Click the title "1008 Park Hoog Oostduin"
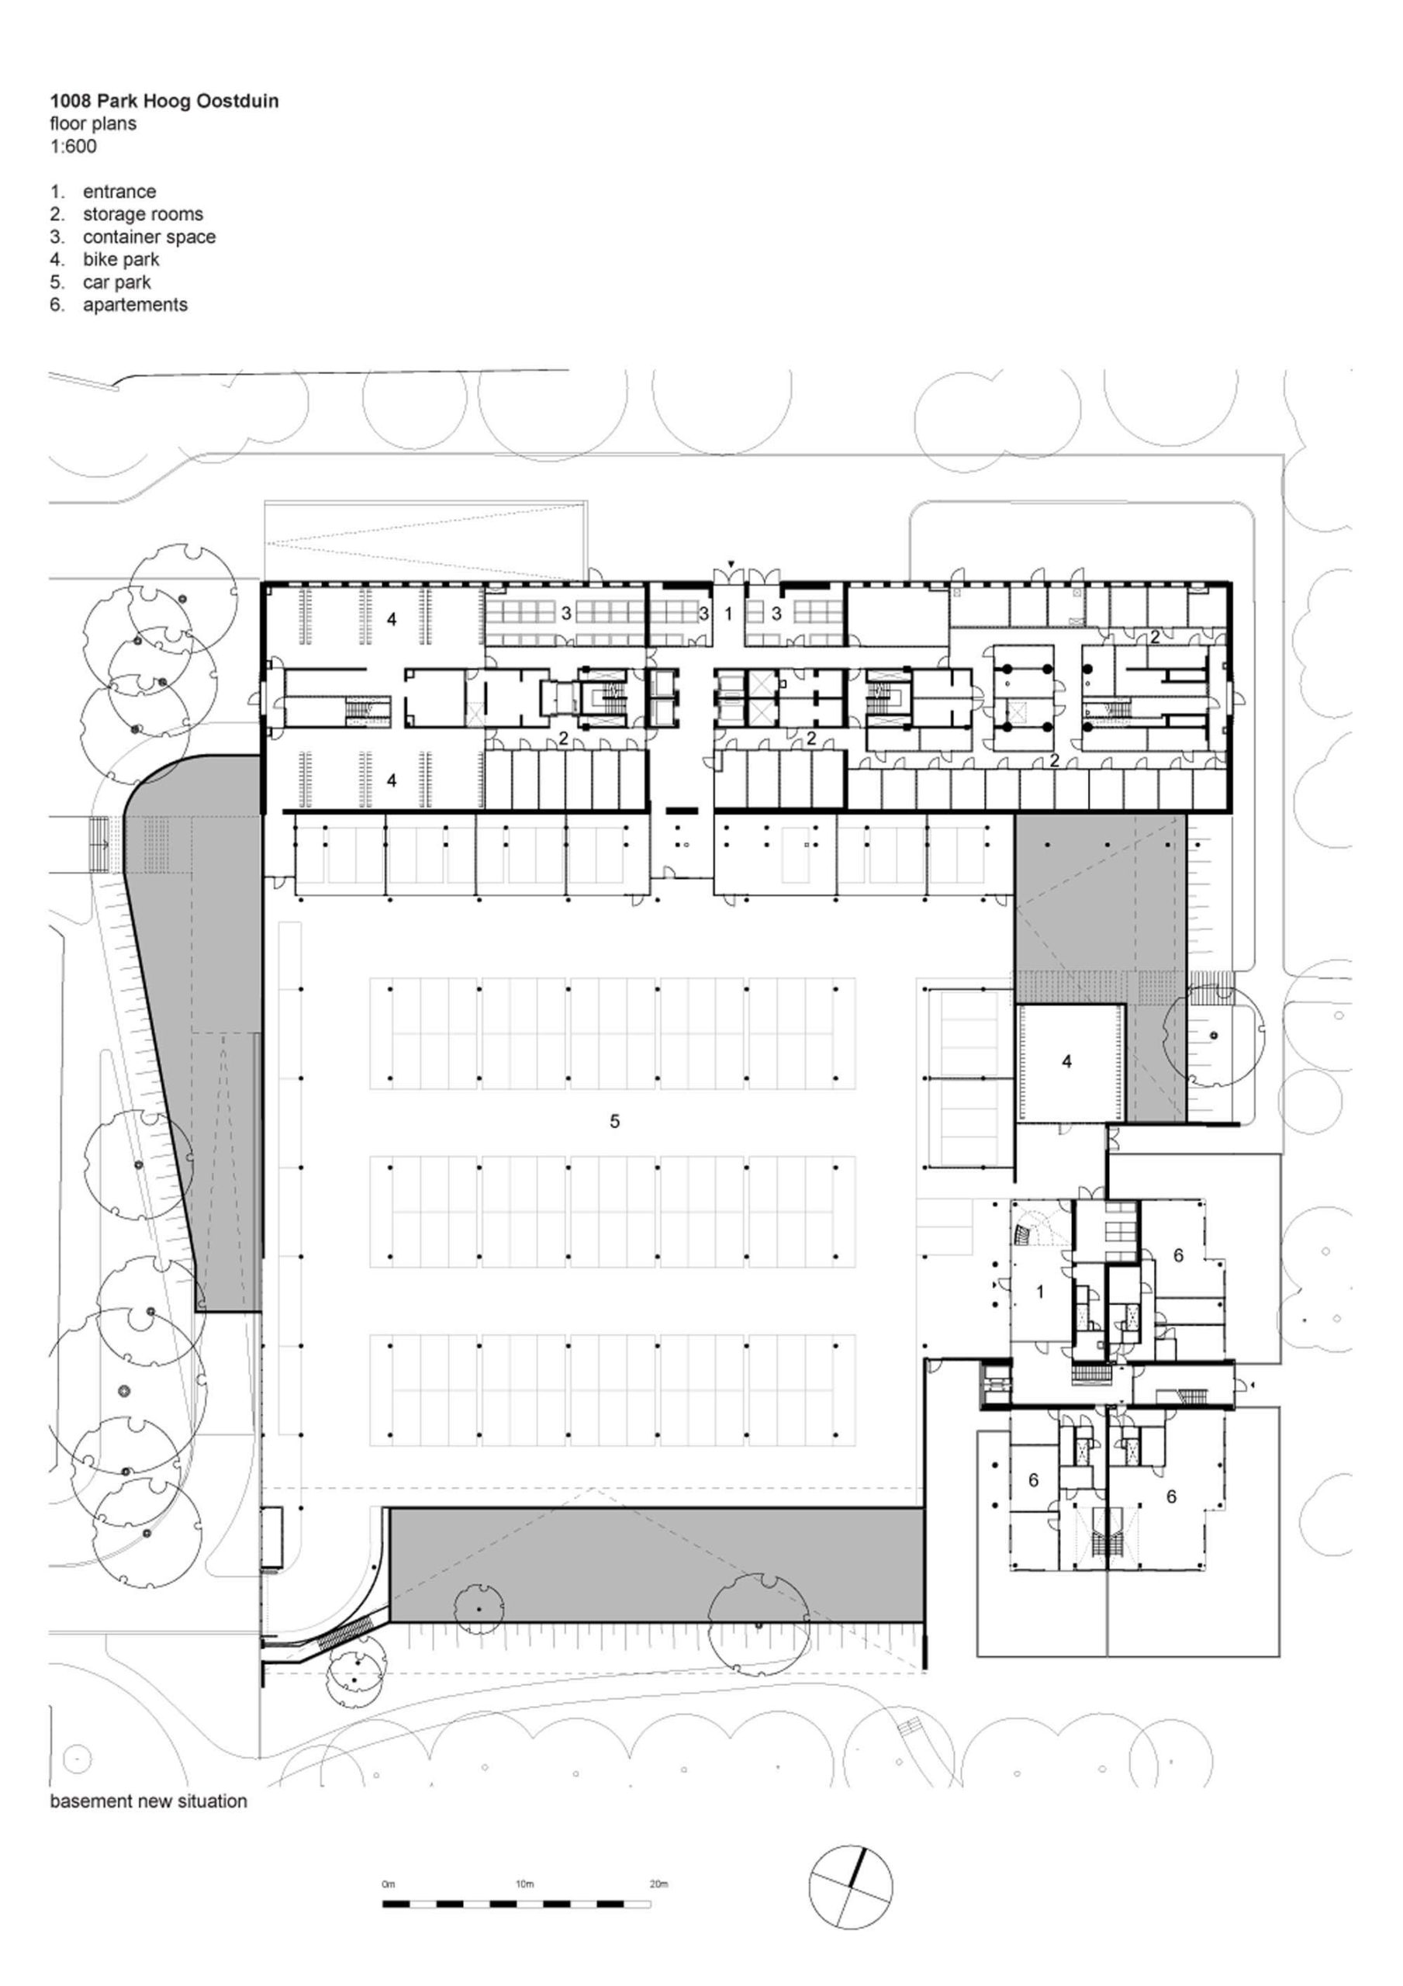click(164, 101)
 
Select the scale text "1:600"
click(74, 146)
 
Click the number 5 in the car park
click(615, 1121)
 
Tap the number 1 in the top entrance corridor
click(728, 614)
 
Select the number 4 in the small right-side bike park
click(1066, 1061)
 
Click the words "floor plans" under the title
click(92, 123)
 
